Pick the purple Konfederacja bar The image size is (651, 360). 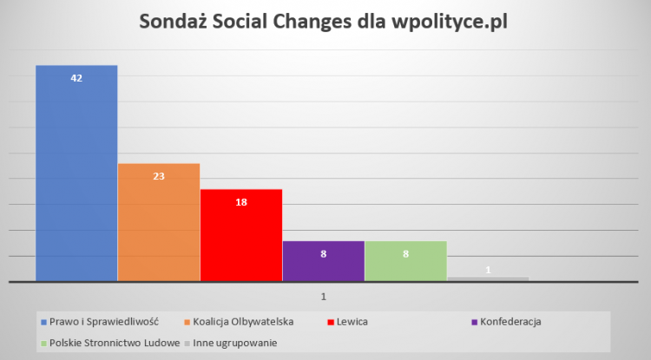tap(323, 265)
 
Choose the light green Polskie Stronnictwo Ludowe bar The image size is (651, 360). tap(405, 265)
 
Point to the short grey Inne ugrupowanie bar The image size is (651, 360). tap(488, 278)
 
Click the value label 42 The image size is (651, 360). tap(76, 78)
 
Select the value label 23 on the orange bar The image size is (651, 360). tap(159, 176)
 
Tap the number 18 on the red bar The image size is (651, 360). tap(241, 202)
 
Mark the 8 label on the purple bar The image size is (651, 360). tap(323, 254)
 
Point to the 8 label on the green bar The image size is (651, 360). tap(405, 254)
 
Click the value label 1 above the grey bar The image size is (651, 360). tap(488, 270)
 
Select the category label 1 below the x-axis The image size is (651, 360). tap(324, 297)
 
